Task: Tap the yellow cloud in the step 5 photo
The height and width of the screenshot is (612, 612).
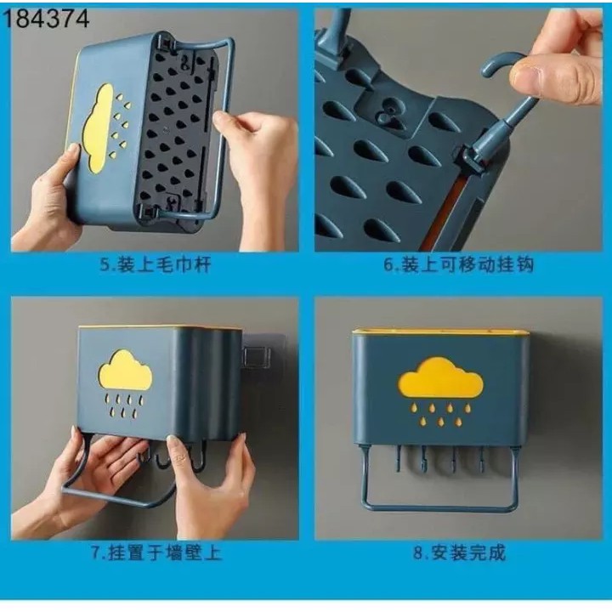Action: (x=101, y=128)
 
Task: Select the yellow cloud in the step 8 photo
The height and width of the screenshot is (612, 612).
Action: (x=439, y=377)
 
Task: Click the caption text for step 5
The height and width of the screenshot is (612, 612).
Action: (x=154, y=265)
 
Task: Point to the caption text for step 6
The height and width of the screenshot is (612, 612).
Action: (x=459, y=265)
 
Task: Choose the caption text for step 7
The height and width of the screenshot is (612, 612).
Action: (x=154, y=552)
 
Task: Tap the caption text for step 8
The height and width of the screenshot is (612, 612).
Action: (x=459, y=552)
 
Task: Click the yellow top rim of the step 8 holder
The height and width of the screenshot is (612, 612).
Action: (x=439, y=331)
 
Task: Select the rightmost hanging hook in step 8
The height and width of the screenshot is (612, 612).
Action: (x=482, y=460)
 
